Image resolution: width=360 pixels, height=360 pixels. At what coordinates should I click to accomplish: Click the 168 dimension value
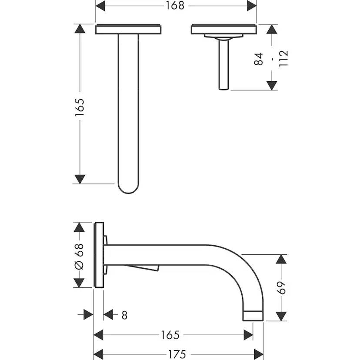tap(176, 6)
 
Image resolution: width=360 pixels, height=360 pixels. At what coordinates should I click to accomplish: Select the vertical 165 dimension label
tap(80, 107)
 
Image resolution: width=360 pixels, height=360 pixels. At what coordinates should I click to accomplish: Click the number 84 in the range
tap(259, 59)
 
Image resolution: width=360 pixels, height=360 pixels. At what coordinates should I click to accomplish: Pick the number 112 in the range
tap(283, 58)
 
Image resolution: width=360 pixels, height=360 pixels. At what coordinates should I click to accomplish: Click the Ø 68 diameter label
tap(79, 256)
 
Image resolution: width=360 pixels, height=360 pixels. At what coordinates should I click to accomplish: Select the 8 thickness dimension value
tap(124, 315)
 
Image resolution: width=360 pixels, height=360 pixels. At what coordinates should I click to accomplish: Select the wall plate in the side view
tap(99, 255)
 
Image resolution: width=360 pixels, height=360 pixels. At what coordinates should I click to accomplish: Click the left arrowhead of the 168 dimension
tap(100, 6)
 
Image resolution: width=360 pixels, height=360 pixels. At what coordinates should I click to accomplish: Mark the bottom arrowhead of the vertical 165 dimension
tap(80, 179)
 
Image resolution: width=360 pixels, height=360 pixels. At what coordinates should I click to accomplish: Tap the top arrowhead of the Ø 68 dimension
tap(79, 228)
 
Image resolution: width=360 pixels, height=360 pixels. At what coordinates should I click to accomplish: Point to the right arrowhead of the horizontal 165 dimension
tap(248, 335)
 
